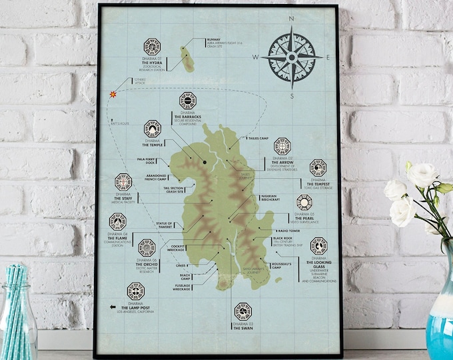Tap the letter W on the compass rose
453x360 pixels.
[x=255, y=58]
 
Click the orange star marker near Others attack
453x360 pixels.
[x=113, y=95]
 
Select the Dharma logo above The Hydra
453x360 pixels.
[x=152, y=47]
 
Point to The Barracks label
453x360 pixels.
[x=187, y=117]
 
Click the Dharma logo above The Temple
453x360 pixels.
[x=153, y=127]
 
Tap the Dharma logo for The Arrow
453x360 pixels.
[x=282, y=146]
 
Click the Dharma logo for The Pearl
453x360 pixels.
[x=304, y=202]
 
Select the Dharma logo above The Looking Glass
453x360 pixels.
[x=318, y=245]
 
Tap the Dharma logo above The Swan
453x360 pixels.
[x=242, y=310]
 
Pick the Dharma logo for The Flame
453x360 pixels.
[x=118, y=221]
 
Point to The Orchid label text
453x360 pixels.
[x=147, y=265]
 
